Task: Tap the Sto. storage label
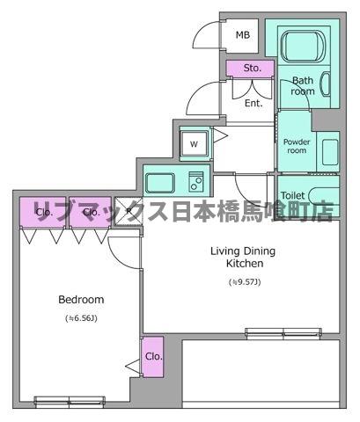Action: pyautogui.click(x=251, y=68)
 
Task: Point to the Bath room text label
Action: pyautogui.click(x=303, y=86)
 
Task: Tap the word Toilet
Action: pyautogui.click(x=293, y=196)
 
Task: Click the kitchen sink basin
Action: pyautogui.click(x=161, y=182)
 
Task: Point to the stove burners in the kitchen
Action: pyautogui.click(x=196, y=182)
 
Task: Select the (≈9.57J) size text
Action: pyautogui.click(x=244, y=282)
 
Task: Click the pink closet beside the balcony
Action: pyautogui.click(x=153, y=356)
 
